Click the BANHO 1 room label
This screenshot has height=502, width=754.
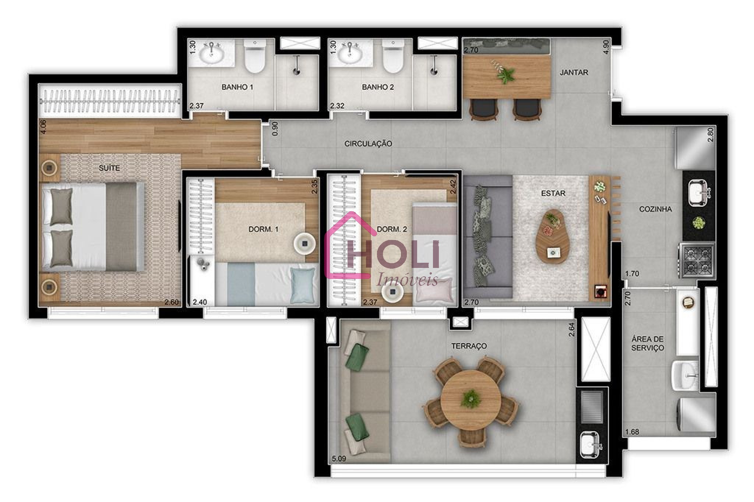click(237, 87)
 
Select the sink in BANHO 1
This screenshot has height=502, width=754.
click(211, 54)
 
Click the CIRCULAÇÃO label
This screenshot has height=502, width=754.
click(368, 144)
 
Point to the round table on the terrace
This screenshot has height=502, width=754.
click(471, 400)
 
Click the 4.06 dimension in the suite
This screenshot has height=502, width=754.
click(44, 127)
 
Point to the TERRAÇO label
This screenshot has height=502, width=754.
click(469, 346)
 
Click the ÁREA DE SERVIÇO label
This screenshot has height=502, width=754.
click(647, 343)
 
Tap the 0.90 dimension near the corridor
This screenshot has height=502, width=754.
click(275, 128)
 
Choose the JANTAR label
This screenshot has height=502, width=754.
click(574, 73)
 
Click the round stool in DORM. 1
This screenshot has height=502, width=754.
click(304, 243)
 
